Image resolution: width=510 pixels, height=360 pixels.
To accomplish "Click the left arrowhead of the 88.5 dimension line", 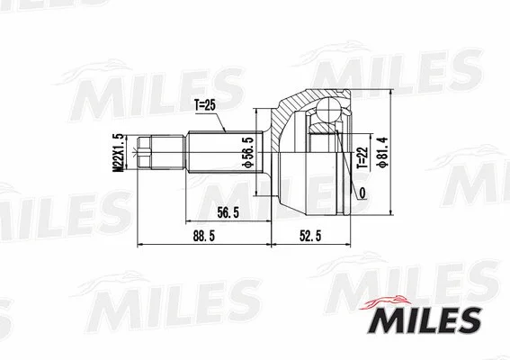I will [138, 244].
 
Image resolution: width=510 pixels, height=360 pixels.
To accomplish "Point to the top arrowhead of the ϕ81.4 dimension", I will [394, 89].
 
